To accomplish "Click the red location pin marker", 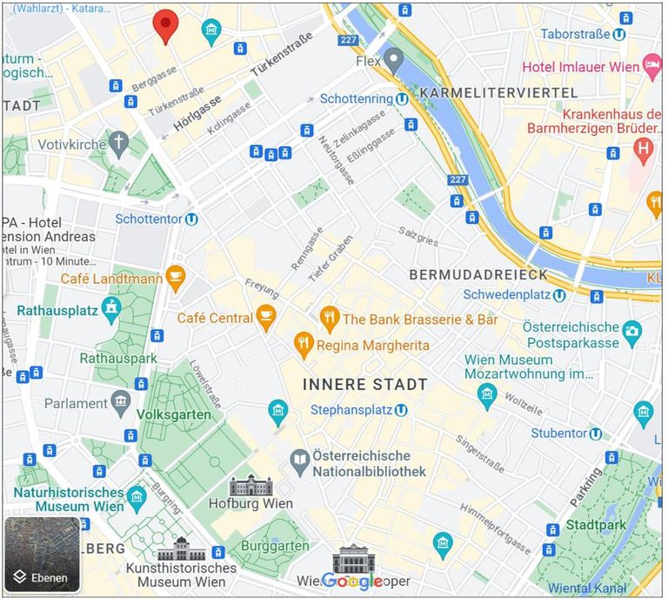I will (164, 25).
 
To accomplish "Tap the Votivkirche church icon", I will (118, 142).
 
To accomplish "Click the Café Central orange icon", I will (266, 317).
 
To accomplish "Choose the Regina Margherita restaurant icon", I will (303, 345).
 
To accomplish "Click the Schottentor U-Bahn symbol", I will (190, 219).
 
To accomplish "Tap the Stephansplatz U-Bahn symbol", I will (400, 409).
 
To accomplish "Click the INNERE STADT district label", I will (364, 384).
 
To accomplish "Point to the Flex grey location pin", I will (394, 60).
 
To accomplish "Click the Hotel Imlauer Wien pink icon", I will (651, 65).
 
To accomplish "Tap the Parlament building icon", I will (121, 402).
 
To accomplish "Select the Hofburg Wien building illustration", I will (251, 486).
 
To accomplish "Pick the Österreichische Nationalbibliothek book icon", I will (300, 462).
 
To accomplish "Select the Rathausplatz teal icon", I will (111, 307).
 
